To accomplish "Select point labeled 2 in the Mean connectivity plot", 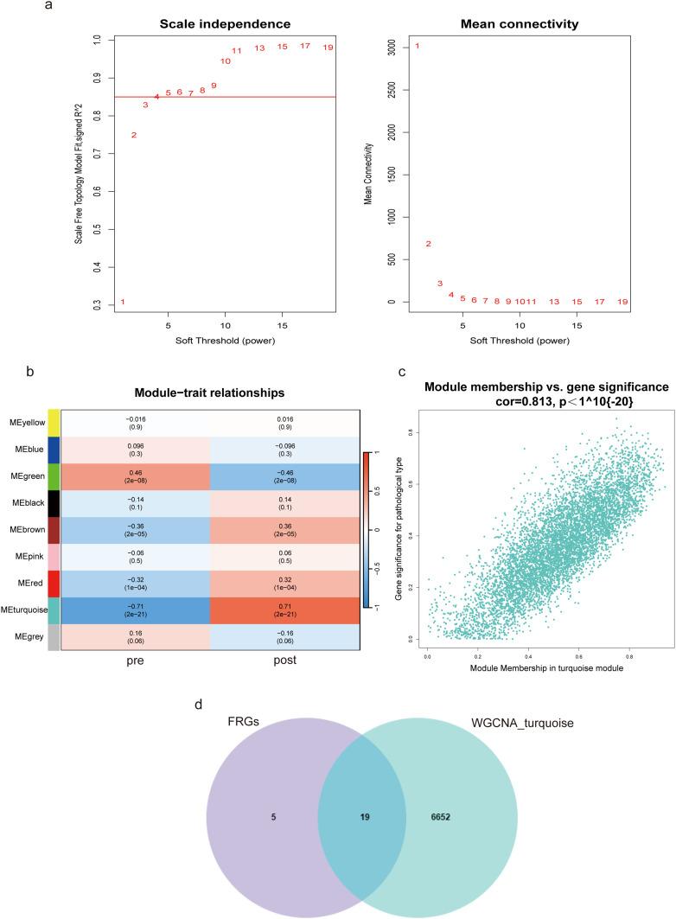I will (428, 244).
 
